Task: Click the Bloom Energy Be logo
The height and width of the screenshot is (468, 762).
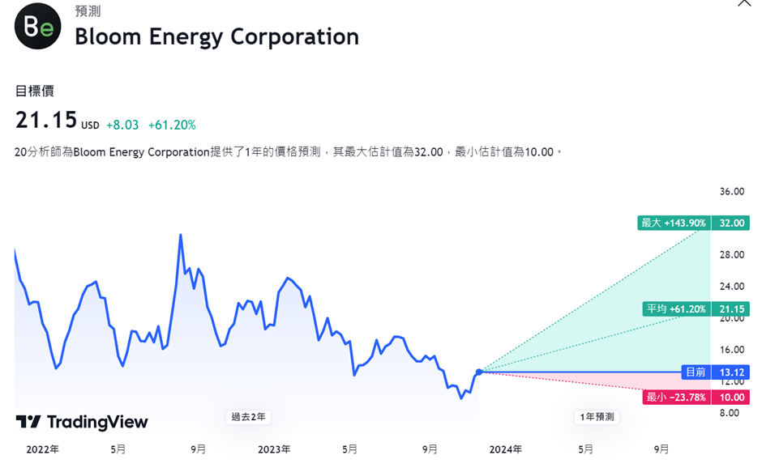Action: click(37, 27)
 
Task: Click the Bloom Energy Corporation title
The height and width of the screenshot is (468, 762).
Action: click(216, 36)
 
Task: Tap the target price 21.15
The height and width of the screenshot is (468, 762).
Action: click(46, 121)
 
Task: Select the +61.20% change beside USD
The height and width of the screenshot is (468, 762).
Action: click(172, 125)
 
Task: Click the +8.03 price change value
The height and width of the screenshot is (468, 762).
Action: click(122, 125)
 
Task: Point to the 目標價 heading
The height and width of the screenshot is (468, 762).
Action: click(35, 91)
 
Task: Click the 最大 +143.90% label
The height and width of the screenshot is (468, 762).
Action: click(673, 223)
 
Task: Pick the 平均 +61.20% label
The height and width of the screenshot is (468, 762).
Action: click(675, 308)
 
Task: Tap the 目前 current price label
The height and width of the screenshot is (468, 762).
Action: click(695, 372)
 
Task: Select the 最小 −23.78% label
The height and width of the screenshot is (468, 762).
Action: click(675, 398)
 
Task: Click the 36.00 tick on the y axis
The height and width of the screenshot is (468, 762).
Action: click(731, 192)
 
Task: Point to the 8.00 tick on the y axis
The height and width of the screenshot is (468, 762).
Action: click(729, 413)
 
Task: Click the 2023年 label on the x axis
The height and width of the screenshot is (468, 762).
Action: click(274, 449)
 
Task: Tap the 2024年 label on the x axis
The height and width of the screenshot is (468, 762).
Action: click(505, 449)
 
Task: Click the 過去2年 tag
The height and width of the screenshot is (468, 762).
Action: click(248, 417)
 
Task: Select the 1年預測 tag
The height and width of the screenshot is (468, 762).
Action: click(597, 417)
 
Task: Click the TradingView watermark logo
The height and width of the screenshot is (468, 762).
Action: click(82, 422)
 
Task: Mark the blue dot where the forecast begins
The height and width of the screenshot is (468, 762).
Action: click(479, 372)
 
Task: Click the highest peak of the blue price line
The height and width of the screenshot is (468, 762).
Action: click(180, 235)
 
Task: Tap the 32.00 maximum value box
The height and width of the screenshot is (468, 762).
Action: click(731, 223)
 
